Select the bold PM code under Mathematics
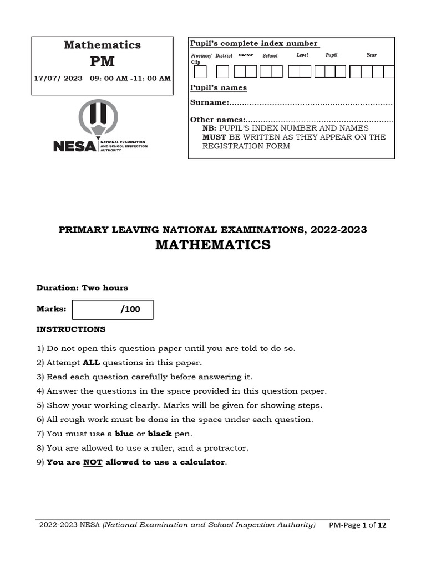coord(102,61)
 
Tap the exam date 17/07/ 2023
coord(58,78)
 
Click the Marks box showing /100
coord(113,310)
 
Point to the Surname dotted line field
coord(311,103)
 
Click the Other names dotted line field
coord(319,120)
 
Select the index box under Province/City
coord(200,72)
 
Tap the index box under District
coord(222,72)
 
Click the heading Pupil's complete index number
coord(253,44)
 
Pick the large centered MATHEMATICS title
coord(213,245)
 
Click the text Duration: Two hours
coord(82,288)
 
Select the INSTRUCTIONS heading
coord(71,329)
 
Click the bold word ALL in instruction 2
coord(92,363)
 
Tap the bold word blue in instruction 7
coord(124,434)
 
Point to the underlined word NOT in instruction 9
coord(93,462)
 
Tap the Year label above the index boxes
coord(371,55)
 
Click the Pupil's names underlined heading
coord(219,88)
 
